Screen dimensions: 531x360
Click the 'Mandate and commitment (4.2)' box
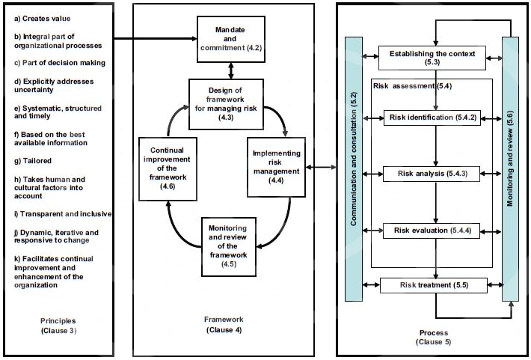[231, 39]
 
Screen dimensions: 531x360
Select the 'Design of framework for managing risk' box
[226, 104]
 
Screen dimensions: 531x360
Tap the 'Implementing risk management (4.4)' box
[276, 167]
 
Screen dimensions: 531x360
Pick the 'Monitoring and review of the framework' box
[229, 246]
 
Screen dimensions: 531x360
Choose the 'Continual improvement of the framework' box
[168, 168]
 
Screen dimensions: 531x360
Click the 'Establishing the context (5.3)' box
[432, 58]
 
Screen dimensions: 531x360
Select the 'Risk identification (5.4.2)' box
[432, 118]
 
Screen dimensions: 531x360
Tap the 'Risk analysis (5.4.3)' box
[432, 174]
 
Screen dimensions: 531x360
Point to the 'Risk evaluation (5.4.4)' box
[432, 231]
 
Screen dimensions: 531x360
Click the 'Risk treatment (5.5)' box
[434, 285]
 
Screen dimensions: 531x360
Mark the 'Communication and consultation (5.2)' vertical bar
[354, 169]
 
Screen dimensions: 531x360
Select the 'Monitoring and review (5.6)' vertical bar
[510, 169]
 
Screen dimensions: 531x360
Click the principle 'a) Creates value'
[43, 19]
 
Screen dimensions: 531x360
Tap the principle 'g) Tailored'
[33, 161]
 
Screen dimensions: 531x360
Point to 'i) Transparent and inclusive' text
[63, 214]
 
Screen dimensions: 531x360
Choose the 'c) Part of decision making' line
[60, 63]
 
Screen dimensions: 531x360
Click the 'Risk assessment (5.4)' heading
[413, 86]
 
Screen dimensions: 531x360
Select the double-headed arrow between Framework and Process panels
[321, 167]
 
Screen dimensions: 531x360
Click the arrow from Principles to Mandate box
[155, 39]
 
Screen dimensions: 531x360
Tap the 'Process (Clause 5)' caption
[434, 338]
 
